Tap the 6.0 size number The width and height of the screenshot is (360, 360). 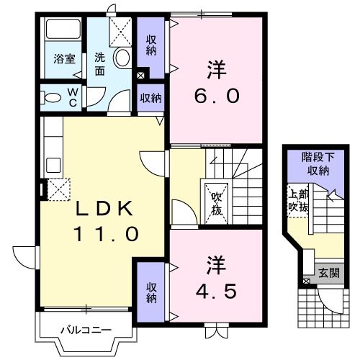click(x=215, y=96)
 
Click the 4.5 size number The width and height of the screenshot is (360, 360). click(x=215, y=291)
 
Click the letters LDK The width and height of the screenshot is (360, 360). click(x=105, y=209)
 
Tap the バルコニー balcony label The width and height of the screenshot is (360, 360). click(x=85, y=331)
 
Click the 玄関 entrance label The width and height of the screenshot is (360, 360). click(x=329, y=273)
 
